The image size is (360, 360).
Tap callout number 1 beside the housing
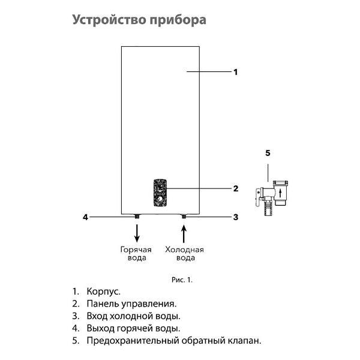pos(235,72)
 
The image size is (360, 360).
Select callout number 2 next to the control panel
pos(235,188)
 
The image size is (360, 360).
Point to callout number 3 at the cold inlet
pos(235,217)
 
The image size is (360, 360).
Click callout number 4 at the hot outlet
pos(86,217)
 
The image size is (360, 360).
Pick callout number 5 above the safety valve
pos(268,153)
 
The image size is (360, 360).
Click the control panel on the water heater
pos(160,191)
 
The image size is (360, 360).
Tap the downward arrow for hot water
pos(137,230)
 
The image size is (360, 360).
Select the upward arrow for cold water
pos(184,231)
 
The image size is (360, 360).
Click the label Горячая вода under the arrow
pos(136,253)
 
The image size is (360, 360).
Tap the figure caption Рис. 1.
pos(182,280)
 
